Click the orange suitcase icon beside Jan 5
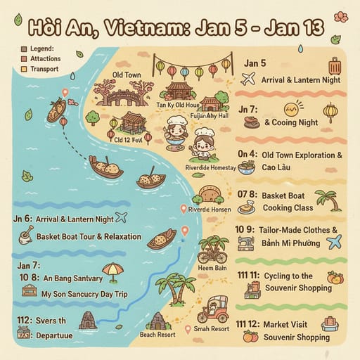coord(335,67)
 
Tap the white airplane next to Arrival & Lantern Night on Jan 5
coord(247,79)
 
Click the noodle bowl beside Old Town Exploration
coord(247,167)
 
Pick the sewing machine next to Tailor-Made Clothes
coord(246,243)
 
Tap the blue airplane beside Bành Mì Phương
coord(333,242)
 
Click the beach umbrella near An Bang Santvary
coord(112,270)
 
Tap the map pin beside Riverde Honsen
coord(184,208)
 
